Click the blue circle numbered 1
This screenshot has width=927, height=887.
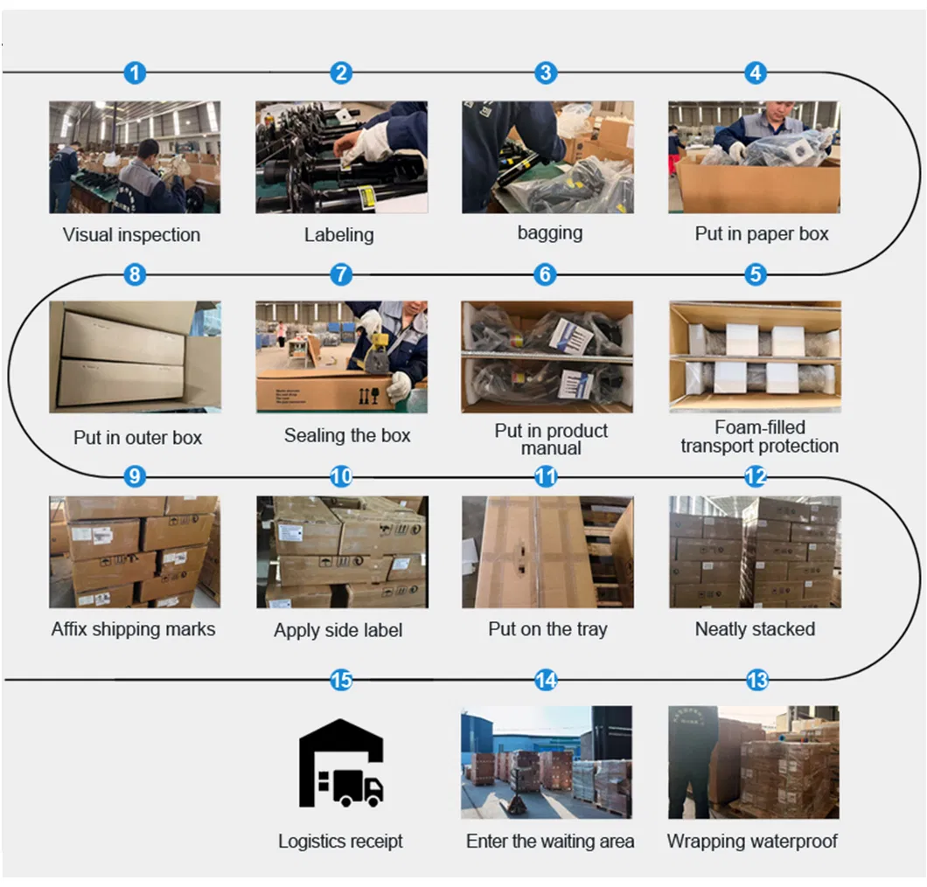point(135,73)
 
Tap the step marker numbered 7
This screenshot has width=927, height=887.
point(341,274)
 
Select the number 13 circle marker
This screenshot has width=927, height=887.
point(757,680)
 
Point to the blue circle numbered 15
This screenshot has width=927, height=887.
point(341,680)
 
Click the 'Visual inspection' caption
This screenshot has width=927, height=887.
point(131,234)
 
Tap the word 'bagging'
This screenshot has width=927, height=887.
point(550,232)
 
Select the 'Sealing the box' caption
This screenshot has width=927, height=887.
point(347,435)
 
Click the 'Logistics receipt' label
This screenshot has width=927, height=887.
point(340,841)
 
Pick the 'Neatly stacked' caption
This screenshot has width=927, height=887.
point(755,628)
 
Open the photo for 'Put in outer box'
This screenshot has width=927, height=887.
point(135,357)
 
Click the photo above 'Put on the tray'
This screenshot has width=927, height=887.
point(547,552)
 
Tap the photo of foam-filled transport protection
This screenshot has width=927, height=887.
point(755,357)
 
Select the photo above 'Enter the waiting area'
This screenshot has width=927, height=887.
point(547,762)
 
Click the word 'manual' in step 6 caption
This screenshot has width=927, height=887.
point(551,448)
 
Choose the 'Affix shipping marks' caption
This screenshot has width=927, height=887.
point(133,628)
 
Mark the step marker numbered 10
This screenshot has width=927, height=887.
point(341,476)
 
